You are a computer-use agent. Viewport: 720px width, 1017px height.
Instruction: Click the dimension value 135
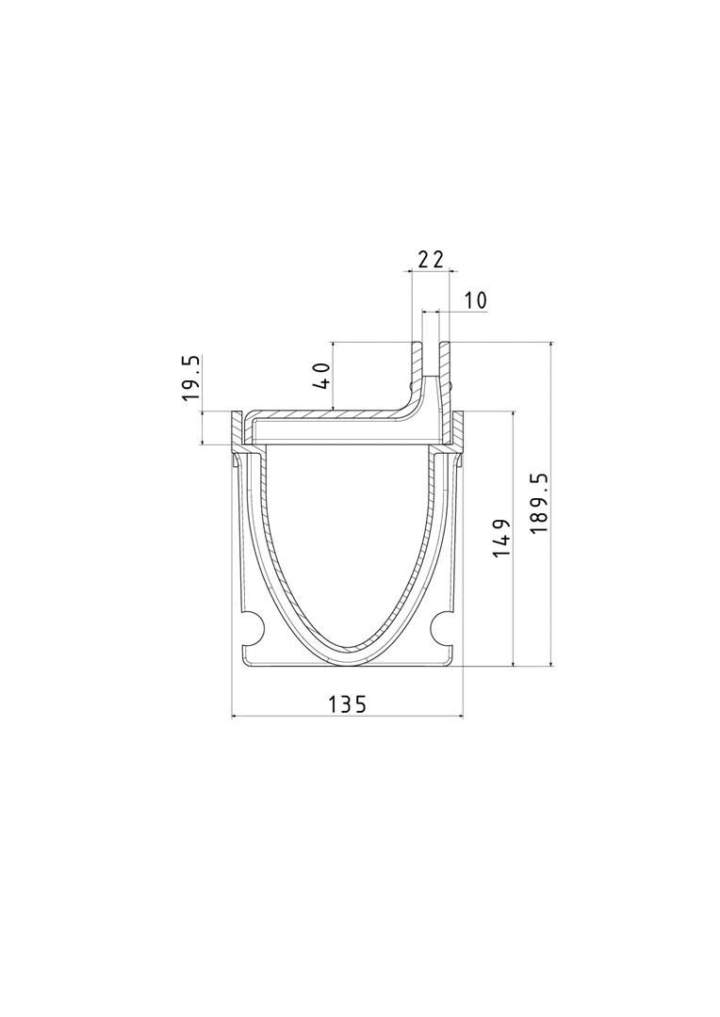tap(347, 703)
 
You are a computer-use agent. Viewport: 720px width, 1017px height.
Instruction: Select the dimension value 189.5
tap(539, 503)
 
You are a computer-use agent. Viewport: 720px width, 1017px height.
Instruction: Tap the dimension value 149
tap(502, 538)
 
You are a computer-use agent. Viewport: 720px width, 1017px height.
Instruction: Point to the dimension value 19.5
tap(192, 378)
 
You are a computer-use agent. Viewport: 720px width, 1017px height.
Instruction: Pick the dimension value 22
tap(431, 260)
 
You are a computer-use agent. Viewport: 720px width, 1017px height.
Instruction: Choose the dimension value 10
tap(475, 300)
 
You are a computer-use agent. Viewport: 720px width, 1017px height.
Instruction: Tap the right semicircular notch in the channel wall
tap(443, 627)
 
